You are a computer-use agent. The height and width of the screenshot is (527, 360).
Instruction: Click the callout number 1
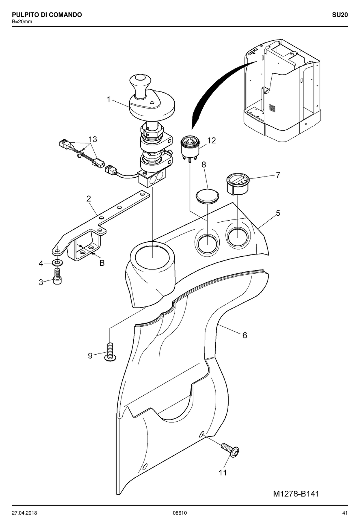pos(108,99)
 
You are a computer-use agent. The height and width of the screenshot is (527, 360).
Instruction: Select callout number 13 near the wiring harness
pos(93,139)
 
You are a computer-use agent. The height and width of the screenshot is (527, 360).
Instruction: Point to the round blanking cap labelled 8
pos(207,195)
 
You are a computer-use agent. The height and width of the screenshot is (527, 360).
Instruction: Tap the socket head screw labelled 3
pos(57,276)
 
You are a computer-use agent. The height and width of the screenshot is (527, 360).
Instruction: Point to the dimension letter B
pos(102,263)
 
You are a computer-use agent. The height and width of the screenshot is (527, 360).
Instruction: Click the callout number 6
pos(245,335)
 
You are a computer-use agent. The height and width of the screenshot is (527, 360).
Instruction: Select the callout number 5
pos(278,213)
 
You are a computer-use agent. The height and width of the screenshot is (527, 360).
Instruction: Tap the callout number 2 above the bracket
pos(88,199)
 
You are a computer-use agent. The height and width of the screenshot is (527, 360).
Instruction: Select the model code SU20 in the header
pos(340,15)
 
